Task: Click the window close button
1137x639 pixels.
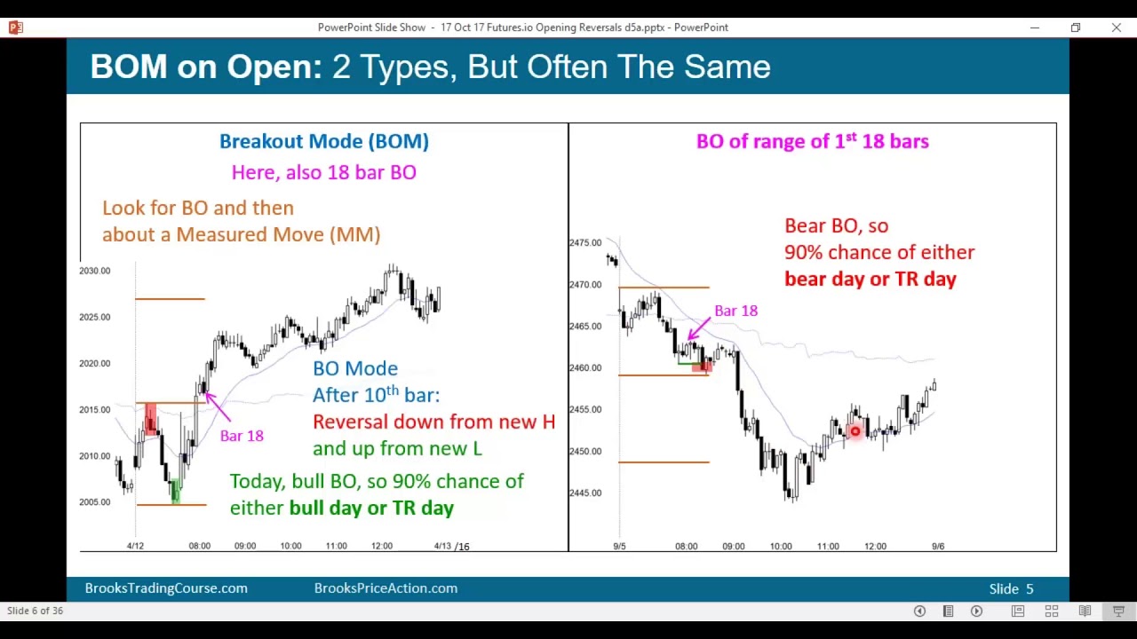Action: [1116, 28]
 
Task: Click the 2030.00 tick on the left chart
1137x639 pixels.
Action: [95, 271]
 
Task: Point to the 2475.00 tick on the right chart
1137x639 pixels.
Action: [585, 242]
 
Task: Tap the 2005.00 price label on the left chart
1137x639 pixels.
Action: [95, 502]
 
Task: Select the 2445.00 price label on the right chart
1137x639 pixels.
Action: [585, 493]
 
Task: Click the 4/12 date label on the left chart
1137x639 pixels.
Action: [135, 546]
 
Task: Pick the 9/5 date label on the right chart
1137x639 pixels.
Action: [619, 546]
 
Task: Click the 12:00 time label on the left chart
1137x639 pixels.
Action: [382, 546]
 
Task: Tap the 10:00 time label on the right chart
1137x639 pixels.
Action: [781, 546]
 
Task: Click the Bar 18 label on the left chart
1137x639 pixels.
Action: [242, 436]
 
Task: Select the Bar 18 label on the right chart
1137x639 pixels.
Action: [736, 311]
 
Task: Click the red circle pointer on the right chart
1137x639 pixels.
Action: [855, 431]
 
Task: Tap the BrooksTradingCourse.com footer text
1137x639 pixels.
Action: [166, 588]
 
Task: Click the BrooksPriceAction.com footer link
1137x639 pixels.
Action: [386, 588]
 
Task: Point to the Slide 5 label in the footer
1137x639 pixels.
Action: [1011, 588]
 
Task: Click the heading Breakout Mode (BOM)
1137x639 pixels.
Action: [324, 141]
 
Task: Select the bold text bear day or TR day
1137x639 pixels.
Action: [871, 279]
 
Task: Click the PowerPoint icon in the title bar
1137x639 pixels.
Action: [15, 28]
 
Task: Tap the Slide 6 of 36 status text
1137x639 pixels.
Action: [36, 611]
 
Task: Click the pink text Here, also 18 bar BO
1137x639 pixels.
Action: [324, 172]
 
